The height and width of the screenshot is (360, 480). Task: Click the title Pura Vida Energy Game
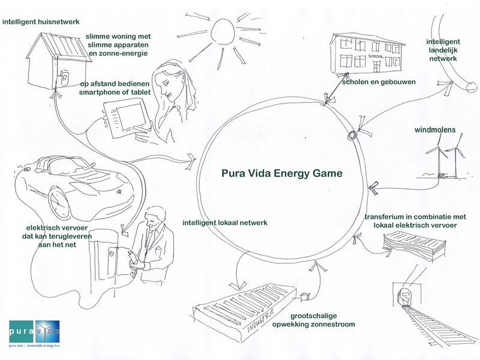pos(282,173)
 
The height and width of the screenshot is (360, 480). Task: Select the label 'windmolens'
pos(434,130)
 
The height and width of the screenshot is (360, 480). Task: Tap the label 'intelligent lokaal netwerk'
pos(225,223)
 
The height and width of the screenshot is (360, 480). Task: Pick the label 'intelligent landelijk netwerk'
pos(443,50)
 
